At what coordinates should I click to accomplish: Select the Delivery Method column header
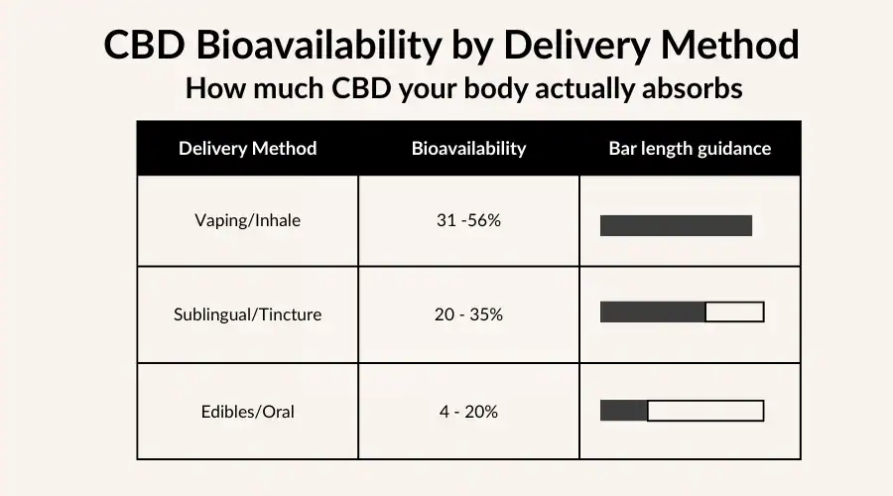247,149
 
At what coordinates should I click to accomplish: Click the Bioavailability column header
468,149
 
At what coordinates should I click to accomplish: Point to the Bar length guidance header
690,149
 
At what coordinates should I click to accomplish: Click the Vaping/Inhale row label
247,220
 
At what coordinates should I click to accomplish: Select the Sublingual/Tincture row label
247,314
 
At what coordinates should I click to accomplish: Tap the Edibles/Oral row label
247,411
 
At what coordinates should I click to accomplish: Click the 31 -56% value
468,220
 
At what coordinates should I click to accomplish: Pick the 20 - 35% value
468,314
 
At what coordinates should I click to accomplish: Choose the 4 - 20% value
468,411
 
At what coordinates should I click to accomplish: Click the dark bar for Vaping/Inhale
676,225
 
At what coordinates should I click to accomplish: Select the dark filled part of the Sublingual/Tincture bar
652,311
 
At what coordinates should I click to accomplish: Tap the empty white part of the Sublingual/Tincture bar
734,311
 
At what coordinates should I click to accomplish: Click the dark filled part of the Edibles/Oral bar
623,411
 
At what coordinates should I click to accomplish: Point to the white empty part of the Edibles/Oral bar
705,411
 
